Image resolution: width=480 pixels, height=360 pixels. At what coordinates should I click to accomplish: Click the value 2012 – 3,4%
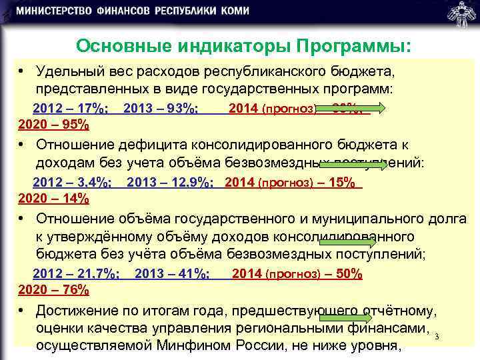tap(73, 183)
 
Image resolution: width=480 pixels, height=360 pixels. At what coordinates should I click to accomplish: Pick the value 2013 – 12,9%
tap(169, 183)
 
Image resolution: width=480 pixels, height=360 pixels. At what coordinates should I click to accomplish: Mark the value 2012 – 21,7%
tap(76, 274)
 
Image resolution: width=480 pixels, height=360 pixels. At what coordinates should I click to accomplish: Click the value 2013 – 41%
tap(172, 274)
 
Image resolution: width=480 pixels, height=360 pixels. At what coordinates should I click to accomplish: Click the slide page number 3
tap(436, 337)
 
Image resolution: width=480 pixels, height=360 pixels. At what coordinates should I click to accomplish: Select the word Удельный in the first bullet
tap(66, 71)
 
